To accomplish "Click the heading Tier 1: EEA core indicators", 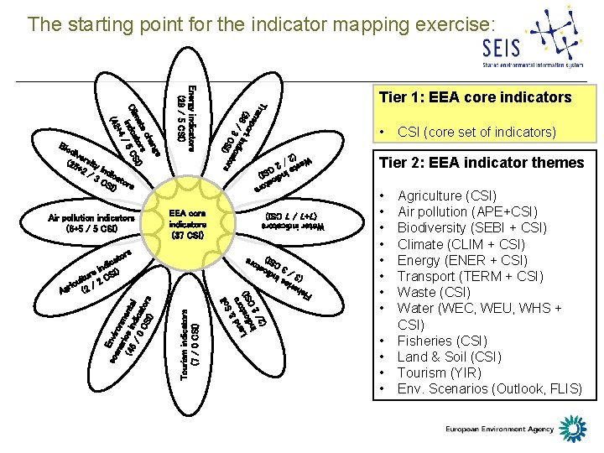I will click(x=475, y=97).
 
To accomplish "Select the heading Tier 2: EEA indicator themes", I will click(x=482, y=163).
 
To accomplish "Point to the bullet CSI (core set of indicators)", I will click(x=476, y=132).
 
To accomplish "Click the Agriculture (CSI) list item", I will click(x=446, y=195).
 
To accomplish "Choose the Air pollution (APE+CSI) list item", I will click(x=467, y=211).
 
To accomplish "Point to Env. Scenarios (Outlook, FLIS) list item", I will click(x=489, y=388).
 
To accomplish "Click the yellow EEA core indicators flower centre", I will click(x=187, y=224).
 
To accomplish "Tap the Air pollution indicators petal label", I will click(x=91, y=223).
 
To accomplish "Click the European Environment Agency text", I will click(x=500, y=430).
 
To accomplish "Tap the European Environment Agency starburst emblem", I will click(x=574, y=428).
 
